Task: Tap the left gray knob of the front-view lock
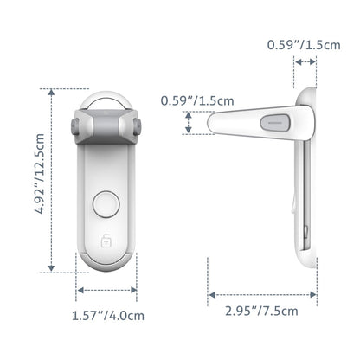tap(75, 127)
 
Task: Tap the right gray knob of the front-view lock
tap(138, 127)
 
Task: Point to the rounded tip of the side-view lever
tap(213, 124)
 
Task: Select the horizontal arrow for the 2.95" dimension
tap(262, 293)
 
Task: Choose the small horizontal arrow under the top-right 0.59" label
tap(305, 61)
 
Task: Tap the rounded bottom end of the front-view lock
tap(106, 263)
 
